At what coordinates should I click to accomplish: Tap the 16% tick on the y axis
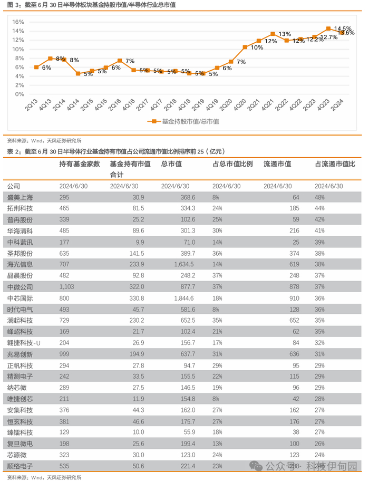(x=18, y=22)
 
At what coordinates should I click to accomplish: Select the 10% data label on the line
(x=257, y=47)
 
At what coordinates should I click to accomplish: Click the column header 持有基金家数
(x=80, y=164)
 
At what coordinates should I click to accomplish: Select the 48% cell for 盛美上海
(x=320, y=197)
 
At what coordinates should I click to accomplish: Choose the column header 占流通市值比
(x=335, y=164)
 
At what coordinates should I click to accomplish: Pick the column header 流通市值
(x=277, y=164)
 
